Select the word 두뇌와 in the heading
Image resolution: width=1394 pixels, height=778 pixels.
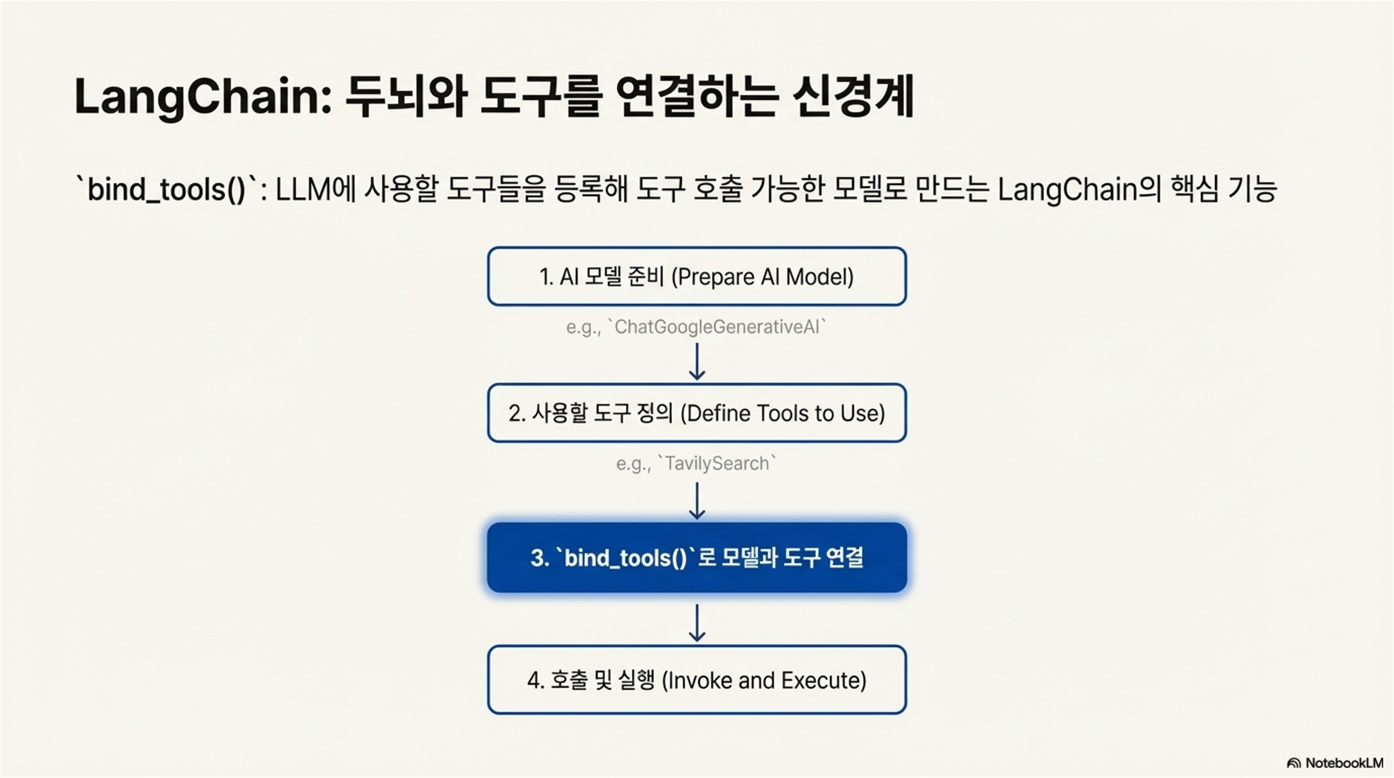[x=406, y=96]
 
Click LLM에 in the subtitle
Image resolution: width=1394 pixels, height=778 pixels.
[x=315, y=189]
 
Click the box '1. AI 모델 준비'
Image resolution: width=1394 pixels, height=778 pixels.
[x=696, y=276]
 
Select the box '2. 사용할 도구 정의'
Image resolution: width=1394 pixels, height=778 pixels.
[x=696, y=413]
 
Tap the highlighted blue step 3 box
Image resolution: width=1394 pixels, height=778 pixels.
[x=696, y=557]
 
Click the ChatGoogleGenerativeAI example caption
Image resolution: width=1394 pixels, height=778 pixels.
[x=696, y=327]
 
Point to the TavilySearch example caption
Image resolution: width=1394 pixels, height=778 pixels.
[x=696, y=464]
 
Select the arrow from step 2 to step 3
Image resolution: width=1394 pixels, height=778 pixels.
[x=696, y=500]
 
